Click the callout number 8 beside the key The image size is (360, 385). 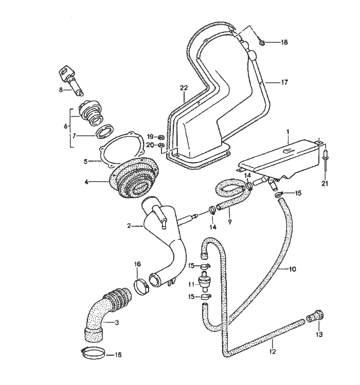point(60,90)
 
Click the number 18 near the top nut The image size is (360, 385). point(284,43)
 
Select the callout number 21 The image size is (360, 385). point(323,183)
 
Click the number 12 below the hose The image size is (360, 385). point(273,352)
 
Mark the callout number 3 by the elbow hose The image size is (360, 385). point(117,323)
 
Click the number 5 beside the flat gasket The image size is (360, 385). point(86,161)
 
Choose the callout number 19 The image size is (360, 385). point(150,137)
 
